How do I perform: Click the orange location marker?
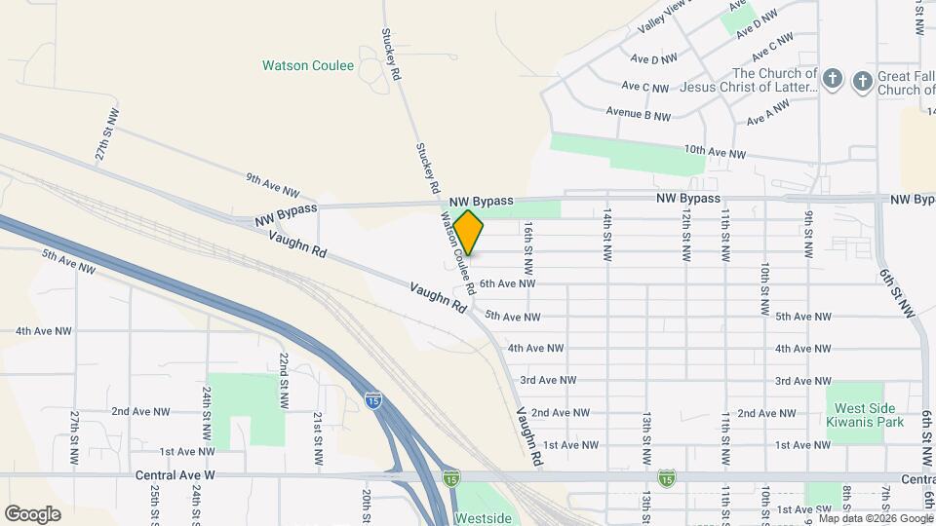pyautogui.click(x=468, y=232)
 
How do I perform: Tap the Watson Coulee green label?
pyautogui.click(x=308, y=66)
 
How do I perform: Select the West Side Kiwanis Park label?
pyautogui.click(x=865, y=414)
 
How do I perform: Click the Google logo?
pyautogui.click(x=32, y=514)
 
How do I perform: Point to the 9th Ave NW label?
pyautogui.click(x=273, y=185)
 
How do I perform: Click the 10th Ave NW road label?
pyautogui.click(x=715, y=153)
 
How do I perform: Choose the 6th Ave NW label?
pyautogui.click(x=507, y=283)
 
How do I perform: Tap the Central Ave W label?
pyautogui.click(x=186, y=476)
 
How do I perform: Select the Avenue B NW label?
pyautogui.click(x=639, y=115)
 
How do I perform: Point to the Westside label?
pyautogui.click(x=483, y=518)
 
